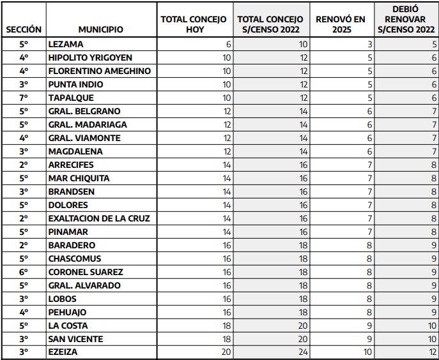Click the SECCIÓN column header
tap(24, 29)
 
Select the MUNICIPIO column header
tap(100, 29)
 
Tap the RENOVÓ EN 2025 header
tap(341, 24)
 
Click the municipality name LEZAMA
tap(66, 44)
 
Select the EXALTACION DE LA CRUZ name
tap(99, 218)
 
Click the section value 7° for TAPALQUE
tap(24, 98)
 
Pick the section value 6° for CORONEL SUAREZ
tap(24, 272)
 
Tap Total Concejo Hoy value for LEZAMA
tap(228, 44)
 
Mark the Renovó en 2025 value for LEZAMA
tap(369, 44)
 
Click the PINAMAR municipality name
tap(68, 232)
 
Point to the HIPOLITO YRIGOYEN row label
tap(90, 57)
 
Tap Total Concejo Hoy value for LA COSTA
tap(227, 326)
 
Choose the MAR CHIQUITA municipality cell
tap(79, 178)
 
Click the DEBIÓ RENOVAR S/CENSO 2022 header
tap(406, 19)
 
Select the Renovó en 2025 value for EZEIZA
tap(368, 352)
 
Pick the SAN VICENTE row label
tap(75, 339)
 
